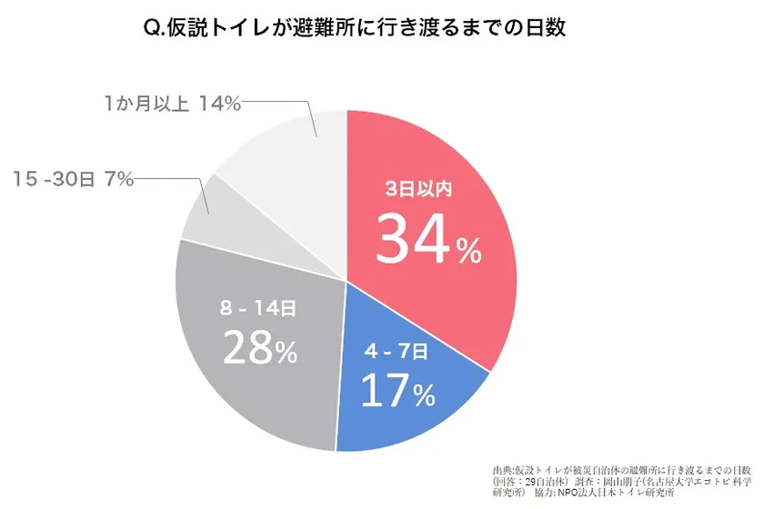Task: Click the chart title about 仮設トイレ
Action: [x=356, y=28]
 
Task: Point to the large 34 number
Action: [x=414, y=240]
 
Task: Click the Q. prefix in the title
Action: [x=154, y=29]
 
